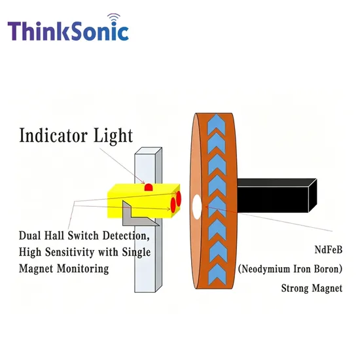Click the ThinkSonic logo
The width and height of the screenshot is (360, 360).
pyautogui.click(x=68, y=27)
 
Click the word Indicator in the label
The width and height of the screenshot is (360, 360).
pyautogui.click(x=53, y=135)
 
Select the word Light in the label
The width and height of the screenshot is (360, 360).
pyautogui.click(x=113, y=135)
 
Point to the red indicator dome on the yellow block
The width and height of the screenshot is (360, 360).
pyautogui.click(x=149, y=187)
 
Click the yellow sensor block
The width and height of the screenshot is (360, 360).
pyautogui.click(x=143, y=200)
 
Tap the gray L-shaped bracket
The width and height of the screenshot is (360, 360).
pyautogui.click(x=137, y=215)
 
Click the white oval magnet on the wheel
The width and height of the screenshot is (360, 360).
pyautogui.click(x=197, y=206)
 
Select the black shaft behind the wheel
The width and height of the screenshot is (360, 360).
pyautogui.click(x=277, y=196)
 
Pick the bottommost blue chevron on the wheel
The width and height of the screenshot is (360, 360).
pyautogui.click(x=217, y=274)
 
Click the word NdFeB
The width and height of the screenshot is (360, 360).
pyautogui.click(x=329, y=249)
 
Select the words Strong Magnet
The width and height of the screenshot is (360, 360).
pyautogui.click(x=312, y=289)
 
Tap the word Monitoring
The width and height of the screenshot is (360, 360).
pyautogui.click(x=83, y=268)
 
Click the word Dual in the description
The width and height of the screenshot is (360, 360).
pyautogui.click(x=29, y=236)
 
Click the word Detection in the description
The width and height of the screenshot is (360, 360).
pyautogui.click(x=126, y=236)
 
